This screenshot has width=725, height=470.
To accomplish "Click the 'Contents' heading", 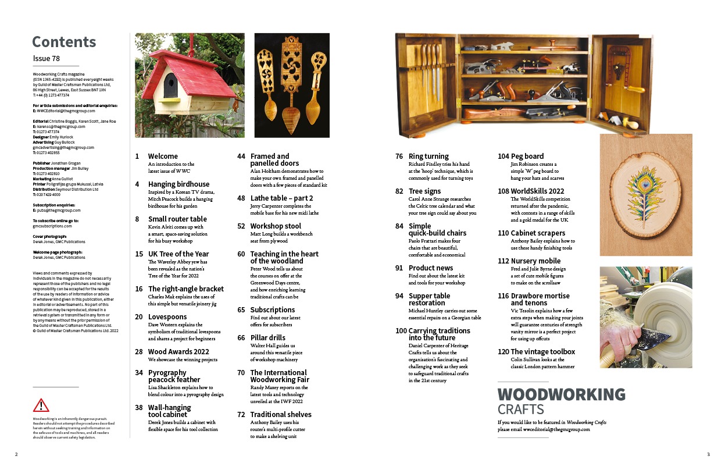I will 64,42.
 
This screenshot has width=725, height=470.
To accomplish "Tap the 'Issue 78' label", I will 47,58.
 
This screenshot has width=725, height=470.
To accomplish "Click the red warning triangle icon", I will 41,405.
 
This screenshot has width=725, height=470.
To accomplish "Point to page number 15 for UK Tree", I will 139,254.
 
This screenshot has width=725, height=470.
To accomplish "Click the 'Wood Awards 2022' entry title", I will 178,352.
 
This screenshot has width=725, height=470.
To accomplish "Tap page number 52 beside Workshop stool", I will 241,226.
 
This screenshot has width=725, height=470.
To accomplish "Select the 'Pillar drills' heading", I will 268,338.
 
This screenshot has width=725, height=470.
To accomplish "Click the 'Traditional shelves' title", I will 281,415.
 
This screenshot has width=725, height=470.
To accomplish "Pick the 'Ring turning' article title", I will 428,156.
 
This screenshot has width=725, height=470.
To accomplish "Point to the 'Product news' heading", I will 431,268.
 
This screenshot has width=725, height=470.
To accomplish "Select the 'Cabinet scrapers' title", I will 538,233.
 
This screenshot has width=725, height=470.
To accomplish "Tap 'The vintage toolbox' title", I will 543,352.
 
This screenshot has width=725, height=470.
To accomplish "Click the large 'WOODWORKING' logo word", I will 561,394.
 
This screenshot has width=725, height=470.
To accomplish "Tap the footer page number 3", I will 708,454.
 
